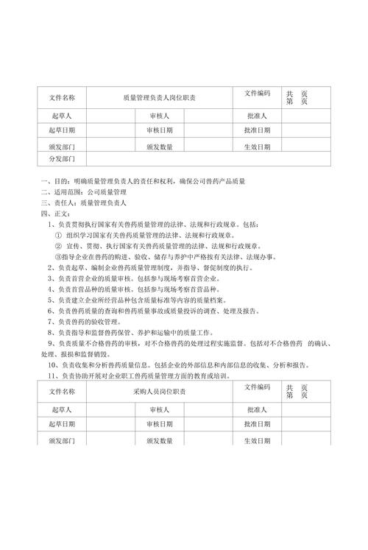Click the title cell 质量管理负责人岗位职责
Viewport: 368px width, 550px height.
[x=164, y=97]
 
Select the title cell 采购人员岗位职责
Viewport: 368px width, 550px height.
[x=164, y=390]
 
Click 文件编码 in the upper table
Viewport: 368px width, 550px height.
[x=257, y=94]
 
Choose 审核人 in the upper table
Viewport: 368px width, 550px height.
[x=159, y=116]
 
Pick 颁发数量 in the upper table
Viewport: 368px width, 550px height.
[x=159, y=146]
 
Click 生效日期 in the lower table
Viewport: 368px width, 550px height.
[x=257, y=440]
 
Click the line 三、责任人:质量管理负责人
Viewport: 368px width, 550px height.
[x=85, y=202]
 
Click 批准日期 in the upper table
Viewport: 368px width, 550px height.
[x=257, y=130]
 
